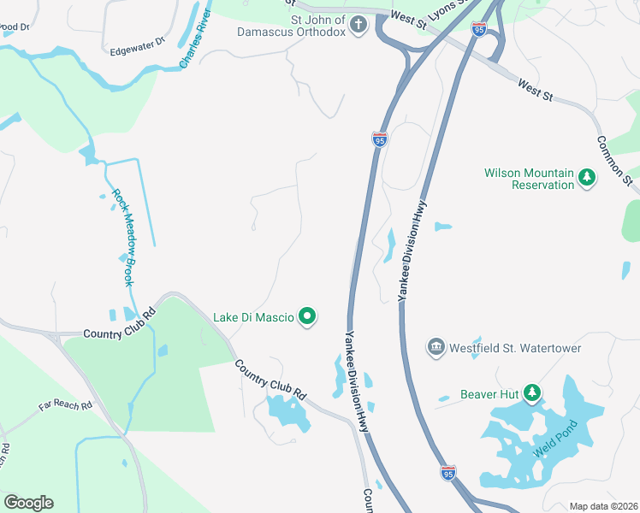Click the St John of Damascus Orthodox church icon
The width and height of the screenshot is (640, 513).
(x=359, y=25)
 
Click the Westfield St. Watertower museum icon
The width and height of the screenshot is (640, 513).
(x=436, y=348)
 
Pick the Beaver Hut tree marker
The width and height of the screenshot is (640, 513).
(x=533, y=393)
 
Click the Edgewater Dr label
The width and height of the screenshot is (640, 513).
(x=137, y=51)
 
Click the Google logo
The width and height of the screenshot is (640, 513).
(x=28, y=503)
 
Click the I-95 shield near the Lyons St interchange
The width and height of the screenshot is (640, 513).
(x=478, y=30)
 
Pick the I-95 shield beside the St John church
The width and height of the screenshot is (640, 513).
(x=380, y=139)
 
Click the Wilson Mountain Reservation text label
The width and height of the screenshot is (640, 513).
(x=529, y=178)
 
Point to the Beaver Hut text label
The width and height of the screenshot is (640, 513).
(x=490, y=393)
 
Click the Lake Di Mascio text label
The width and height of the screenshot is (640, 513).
(x=253, y=317)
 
